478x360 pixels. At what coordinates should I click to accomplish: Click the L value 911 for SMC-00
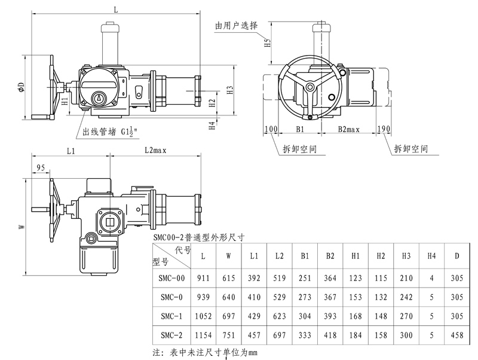click(x=203, y=278)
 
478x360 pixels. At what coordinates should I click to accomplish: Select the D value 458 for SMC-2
click(x=456, y=335)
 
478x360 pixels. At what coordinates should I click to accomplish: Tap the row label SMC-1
click(x=171, y=316)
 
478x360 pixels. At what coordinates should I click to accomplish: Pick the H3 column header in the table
click(x=406, y=256)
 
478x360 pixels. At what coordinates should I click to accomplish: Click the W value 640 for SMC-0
click(x=229, y=297)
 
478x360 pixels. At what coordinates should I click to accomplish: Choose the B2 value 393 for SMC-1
click(x=330, y=316)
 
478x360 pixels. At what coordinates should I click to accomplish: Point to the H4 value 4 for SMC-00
click(x=431, y=278)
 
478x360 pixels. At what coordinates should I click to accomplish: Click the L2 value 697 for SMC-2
click(x=279, y=335)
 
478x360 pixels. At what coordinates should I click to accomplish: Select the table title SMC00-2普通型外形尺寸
click(x=199, y=237)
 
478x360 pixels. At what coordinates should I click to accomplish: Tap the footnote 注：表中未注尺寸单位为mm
click(x=205, y=353)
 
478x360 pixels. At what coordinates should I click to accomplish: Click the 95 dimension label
click(x=41, y=167)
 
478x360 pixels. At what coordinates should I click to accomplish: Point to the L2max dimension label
click(x=155, y=150)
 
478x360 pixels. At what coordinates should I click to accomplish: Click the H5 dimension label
click(x=267, y=42)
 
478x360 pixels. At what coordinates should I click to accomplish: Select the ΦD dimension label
click(x=21, y=87)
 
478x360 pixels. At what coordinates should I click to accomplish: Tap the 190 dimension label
click(x=384, y=129)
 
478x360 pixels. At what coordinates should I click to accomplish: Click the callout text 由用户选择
click(x=237, y=26)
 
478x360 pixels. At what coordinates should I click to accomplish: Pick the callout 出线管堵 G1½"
click(x=110, y=132)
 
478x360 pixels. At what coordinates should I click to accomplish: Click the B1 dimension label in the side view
click(x=300, y=129)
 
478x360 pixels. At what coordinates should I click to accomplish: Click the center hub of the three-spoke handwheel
click(x=310, y=87)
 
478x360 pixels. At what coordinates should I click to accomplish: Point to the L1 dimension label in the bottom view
click(x=71, y=151)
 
